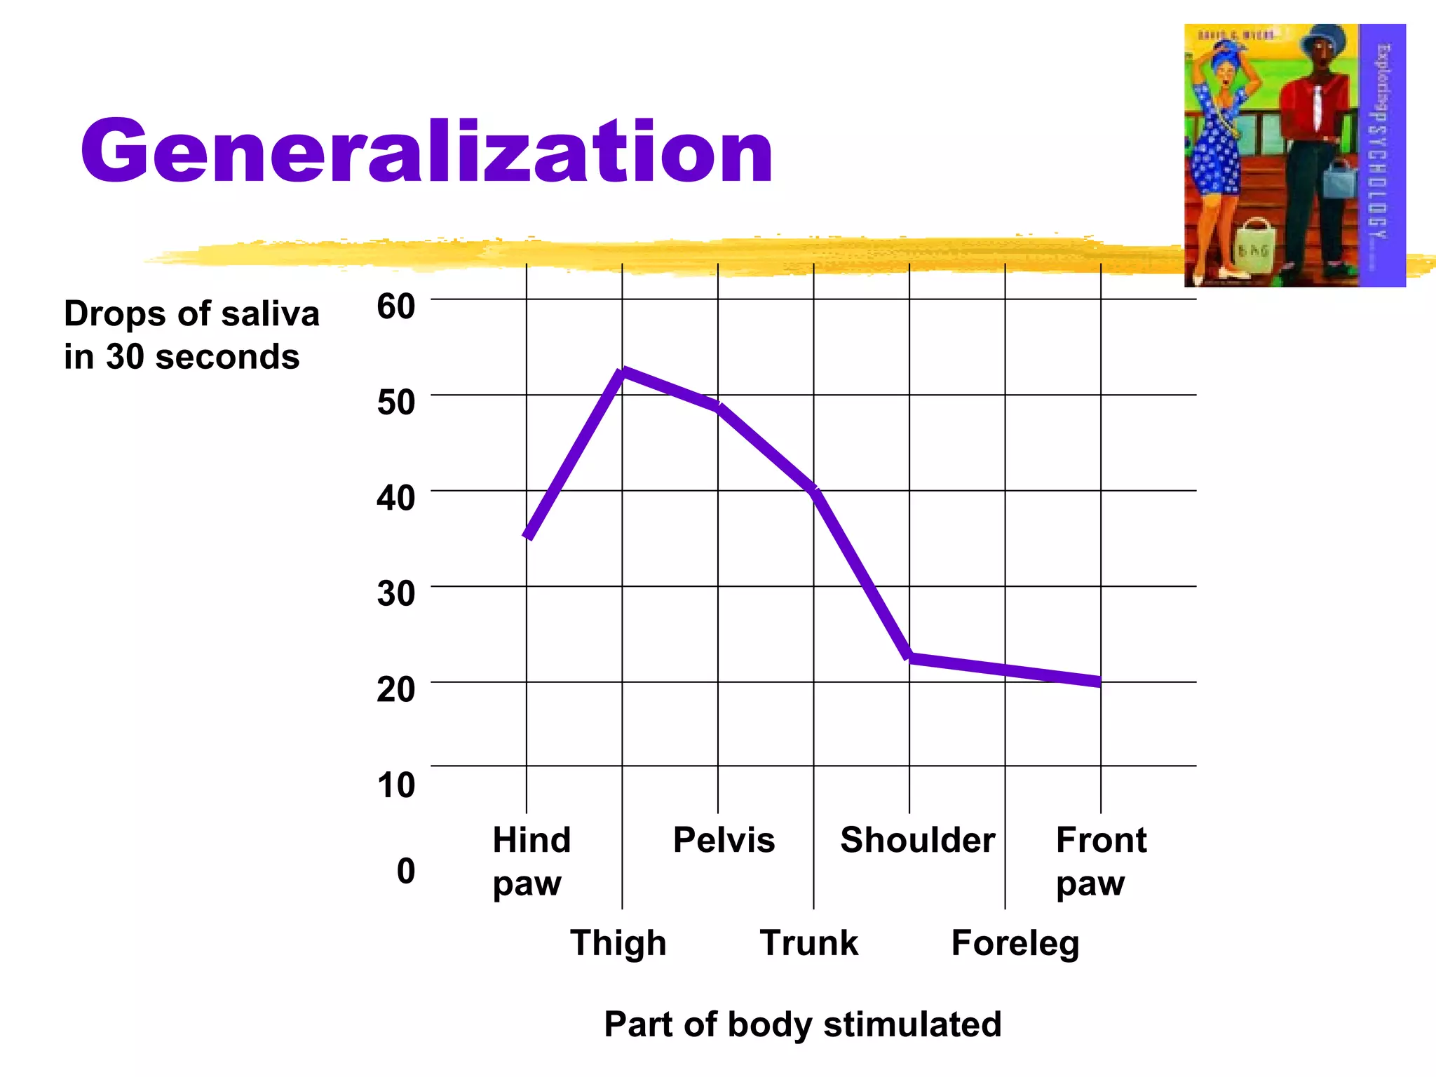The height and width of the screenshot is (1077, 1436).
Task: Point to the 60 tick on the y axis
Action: [x=395, y=306]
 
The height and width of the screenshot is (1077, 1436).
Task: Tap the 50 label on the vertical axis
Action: [x=395, y=402]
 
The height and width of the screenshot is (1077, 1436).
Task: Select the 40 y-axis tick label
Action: [x=395, y=498]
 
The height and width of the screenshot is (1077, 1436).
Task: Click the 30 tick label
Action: [x=395, y=594]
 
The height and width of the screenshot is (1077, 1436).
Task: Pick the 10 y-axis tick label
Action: [x=395, y=785]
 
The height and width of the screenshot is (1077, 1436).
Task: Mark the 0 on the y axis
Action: [x=405, y=871]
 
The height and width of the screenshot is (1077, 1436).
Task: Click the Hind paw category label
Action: [x=531, y=861]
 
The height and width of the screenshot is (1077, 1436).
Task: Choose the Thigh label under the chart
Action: [x=618, y=942]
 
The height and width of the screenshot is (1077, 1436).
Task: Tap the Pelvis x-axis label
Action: [x=724, y=840]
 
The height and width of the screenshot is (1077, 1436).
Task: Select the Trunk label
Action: [x=808, y=942]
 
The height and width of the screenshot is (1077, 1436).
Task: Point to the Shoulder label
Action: [x=917, y=840]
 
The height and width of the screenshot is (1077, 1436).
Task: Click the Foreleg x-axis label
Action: [x=1015, y=944]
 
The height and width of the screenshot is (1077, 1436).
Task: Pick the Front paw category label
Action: [x=1100, y=861]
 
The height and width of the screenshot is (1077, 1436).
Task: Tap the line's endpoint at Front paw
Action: [x=1099, y=682]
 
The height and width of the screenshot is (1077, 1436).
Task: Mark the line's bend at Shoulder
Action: [x=909, y=657]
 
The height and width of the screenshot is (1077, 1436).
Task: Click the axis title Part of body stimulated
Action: [x=802, y=1024]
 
